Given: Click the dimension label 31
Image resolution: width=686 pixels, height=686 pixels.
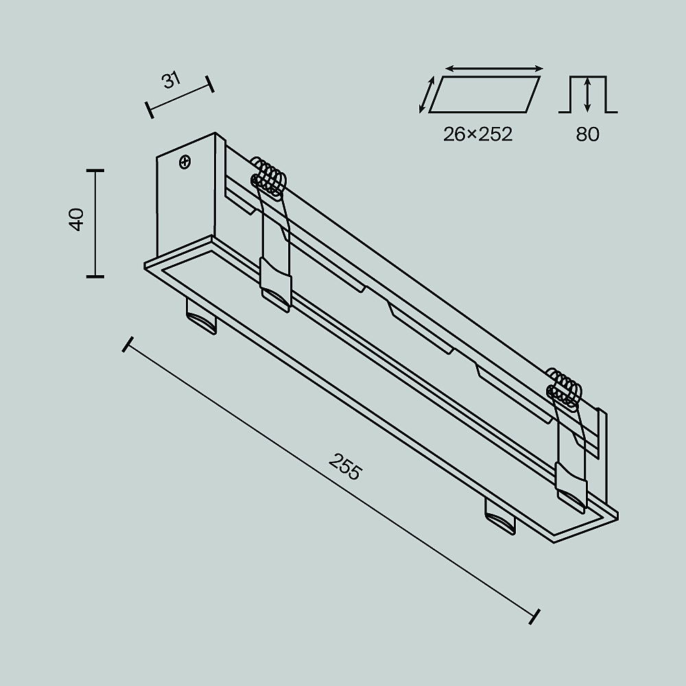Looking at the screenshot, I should coord(171,80).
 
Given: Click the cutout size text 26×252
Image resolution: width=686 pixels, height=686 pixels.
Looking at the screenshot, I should coord(477,134).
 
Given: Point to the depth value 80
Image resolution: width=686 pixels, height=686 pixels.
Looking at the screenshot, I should coord(587,134).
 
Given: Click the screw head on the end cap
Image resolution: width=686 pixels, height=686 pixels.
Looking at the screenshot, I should coord(185,163).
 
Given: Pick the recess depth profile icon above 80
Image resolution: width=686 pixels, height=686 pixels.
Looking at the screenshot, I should coord(588,94).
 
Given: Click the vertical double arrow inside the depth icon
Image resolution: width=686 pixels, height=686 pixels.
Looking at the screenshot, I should coord(588,95).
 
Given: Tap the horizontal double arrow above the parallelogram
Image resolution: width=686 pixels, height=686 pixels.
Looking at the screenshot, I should coord(494,69).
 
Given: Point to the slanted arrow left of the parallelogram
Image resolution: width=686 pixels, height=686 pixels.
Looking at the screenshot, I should coord(427,95).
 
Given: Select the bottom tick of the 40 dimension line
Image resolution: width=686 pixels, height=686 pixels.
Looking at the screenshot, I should coord(95,276).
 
